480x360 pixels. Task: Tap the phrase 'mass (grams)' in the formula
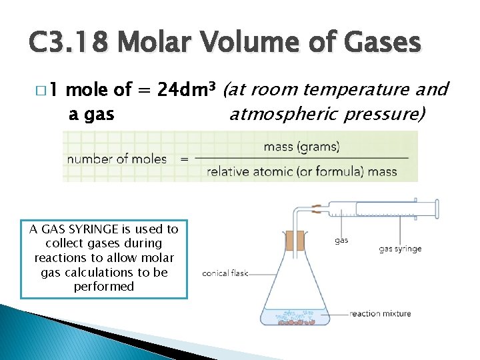pos(302,146)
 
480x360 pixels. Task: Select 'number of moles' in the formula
pos(117,159)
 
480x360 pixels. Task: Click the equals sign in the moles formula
pos(185,159)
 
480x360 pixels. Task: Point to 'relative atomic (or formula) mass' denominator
pos(302,172)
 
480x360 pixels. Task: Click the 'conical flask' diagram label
pos(225,273)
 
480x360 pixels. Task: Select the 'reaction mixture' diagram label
pos(381,313)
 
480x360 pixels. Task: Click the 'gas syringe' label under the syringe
pos(400,249)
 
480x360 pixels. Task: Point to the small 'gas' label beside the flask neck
pos(341,240)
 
